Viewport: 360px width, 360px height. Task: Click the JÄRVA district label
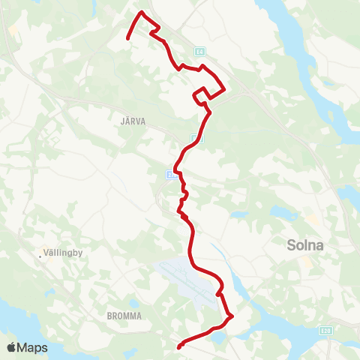coord(132,118)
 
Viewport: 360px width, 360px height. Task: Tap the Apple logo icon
coord(12,347)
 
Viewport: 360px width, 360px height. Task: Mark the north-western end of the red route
coord(128,38)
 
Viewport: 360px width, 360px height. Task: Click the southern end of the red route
coord(178,347)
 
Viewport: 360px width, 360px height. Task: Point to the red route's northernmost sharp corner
coord(142,12)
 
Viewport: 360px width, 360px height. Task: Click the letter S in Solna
coord(292,244)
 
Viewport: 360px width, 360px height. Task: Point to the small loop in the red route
coord(199,94)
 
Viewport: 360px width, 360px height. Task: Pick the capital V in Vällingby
coord(49,253)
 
